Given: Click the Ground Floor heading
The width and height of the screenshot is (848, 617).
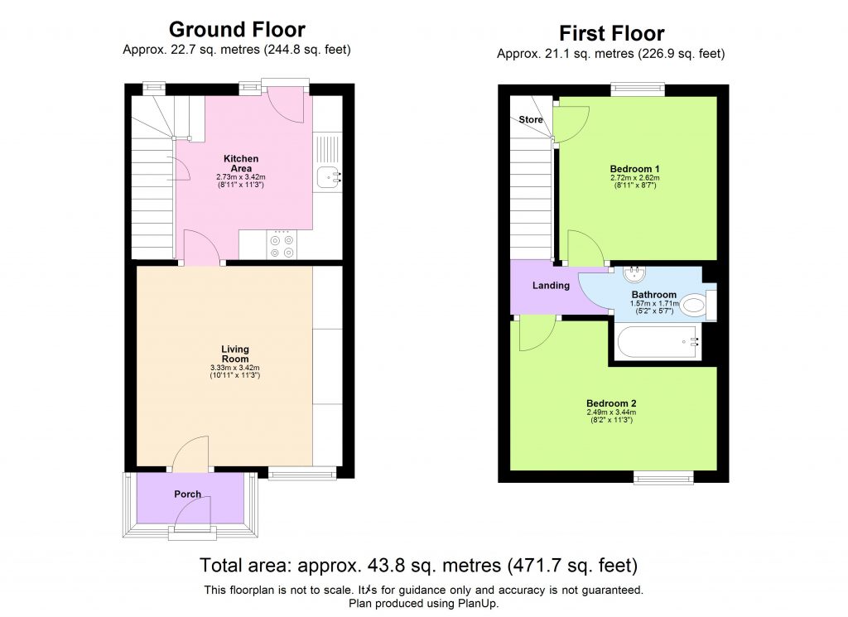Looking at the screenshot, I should click(237, 30).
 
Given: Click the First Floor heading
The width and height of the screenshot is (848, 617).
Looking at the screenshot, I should click(611, 33).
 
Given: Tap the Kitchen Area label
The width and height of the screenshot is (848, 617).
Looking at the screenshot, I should click(241, 163).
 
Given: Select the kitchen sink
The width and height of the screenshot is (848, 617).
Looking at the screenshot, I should click(328, 176).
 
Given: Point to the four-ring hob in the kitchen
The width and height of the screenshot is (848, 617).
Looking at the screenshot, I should click(282, 245).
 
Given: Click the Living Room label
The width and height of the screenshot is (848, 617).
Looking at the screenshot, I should click(235, 354).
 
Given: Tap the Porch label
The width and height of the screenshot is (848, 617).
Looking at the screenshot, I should click(188, 494).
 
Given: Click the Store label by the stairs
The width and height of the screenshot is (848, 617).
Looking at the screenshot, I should click(531, 120).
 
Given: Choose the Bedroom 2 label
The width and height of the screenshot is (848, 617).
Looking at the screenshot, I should click(611, 403).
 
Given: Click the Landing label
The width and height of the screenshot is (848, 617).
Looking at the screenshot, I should click(551, 286).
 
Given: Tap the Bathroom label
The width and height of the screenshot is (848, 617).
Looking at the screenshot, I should click(654, 295).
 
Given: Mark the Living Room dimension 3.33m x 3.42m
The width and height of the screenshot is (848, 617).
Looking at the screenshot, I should click(235, 368).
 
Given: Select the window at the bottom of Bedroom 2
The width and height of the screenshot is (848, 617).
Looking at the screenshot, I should click(663, 476).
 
